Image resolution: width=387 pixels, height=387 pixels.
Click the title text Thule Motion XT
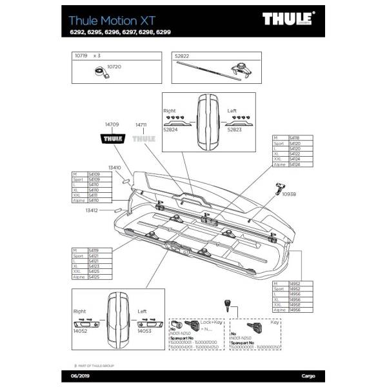[115, 19]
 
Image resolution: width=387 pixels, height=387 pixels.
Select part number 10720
[114, 66]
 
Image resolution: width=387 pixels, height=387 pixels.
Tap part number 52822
[183, 56]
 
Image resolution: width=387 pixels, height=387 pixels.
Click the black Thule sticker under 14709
[112, 137]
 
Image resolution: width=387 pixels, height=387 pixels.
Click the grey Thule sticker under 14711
[143, 137]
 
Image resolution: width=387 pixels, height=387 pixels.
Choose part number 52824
[171, 130]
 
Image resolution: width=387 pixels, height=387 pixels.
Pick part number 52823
[235, 130]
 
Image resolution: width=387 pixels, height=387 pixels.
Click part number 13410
[114, 167]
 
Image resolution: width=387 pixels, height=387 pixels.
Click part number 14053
[145, 331]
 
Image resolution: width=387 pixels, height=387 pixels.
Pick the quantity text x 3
[98, 56]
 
